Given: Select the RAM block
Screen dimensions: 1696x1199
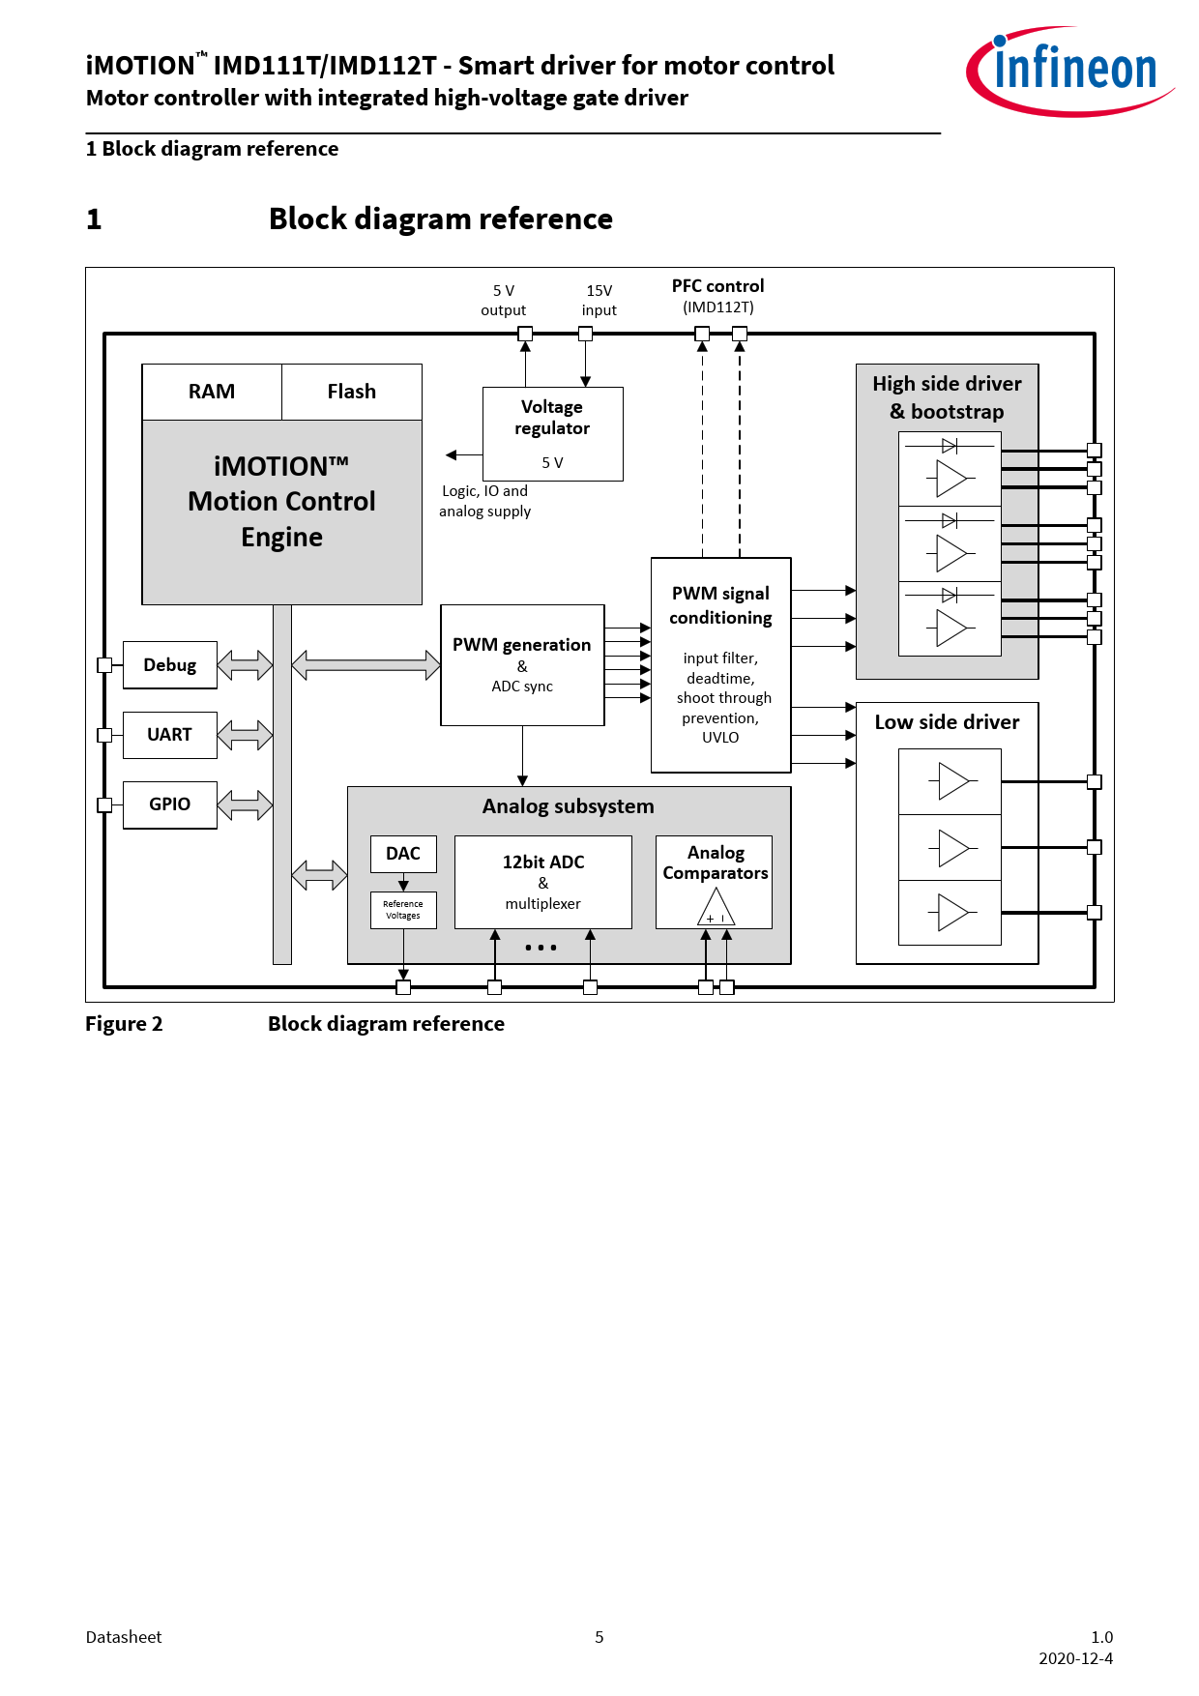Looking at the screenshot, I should [212, 392].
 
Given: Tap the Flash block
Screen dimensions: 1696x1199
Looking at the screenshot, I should [351, 392].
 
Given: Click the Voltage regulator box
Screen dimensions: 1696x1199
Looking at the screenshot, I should [552, 433].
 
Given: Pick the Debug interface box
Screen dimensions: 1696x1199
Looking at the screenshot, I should [169, 665].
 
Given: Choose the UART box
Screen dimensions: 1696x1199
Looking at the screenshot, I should [169, 735].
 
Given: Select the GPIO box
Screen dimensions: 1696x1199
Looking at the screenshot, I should [169, 804].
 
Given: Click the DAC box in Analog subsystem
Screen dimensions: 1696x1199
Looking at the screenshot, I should [403, 854].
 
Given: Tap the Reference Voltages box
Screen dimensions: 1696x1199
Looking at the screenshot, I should [403, 910].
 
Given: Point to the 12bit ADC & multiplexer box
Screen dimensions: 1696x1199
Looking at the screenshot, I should [542, 882].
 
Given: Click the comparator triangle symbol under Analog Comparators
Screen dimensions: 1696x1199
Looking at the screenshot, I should [716, 908].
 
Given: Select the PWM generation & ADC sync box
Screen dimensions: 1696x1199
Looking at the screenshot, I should [522, 665].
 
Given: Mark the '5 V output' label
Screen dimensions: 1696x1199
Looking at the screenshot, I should [504, 300].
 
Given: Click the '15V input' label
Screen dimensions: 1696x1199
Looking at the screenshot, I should [599, 300].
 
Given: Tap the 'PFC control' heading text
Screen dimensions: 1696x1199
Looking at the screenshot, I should [717, 286].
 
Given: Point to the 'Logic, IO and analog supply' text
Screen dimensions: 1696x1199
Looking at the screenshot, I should [484, 501].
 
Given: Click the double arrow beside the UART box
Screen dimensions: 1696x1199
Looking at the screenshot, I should [245, 735].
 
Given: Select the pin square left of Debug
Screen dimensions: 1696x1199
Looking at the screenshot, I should [104, 665].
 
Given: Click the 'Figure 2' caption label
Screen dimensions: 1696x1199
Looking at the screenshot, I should [124, 1024].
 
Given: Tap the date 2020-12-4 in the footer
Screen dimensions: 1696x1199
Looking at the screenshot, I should [1075, 1658].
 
